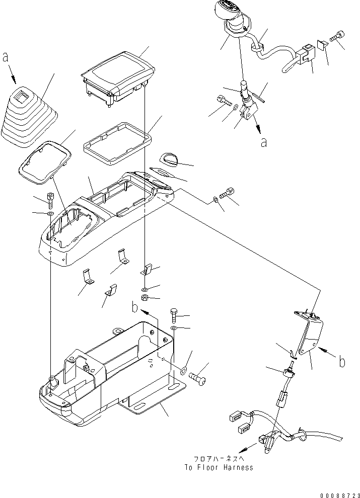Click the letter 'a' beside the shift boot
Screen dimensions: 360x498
pos(5,57)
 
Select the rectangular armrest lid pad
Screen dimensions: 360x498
pos(117,75)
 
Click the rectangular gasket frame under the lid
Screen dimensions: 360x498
pos(117,143)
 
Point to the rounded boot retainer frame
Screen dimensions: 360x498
pos(44,162)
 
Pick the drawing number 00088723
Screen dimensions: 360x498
pos(340,495)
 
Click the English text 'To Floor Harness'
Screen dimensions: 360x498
pos(219,467)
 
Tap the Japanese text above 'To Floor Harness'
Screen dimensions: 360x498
pos(219,459)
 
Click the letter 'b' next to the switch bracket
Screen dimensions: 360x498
pos(341,361)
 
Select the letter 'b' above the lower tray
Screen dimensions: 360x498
pos(135,307)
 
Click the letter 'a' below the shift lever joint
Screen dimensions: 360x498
pos(264,143)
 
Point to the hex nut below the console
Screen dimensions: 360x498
pos(144,298)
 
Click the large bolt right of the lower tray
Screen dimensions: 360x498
pos(197,378)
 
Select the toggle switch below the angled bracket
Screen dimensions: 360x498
pos(289,372)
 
